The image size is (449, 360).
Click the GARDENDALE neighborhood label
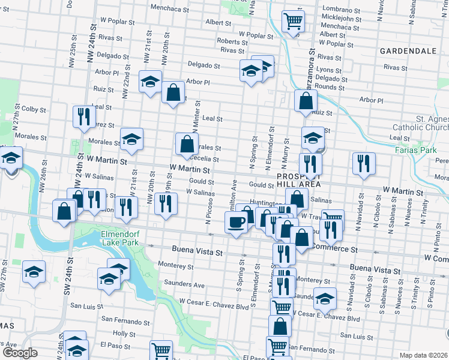pos(408,51)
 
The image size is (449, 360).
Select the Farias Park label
pos(415,149)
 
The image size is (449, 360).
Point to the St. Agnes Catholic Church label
pos(420,123)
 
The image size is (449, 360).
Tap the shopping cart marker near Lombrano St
pos(293,22)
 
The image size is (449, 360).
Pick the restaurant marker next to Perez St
pos(83,116)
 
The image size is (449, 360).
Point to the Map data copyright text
pos(424,355)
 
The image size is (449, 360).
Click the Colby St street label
pos(34,109)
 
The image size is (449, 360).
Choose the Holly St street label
pos(124,333)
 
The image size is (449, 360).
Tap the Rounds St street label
pos(331,87)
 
